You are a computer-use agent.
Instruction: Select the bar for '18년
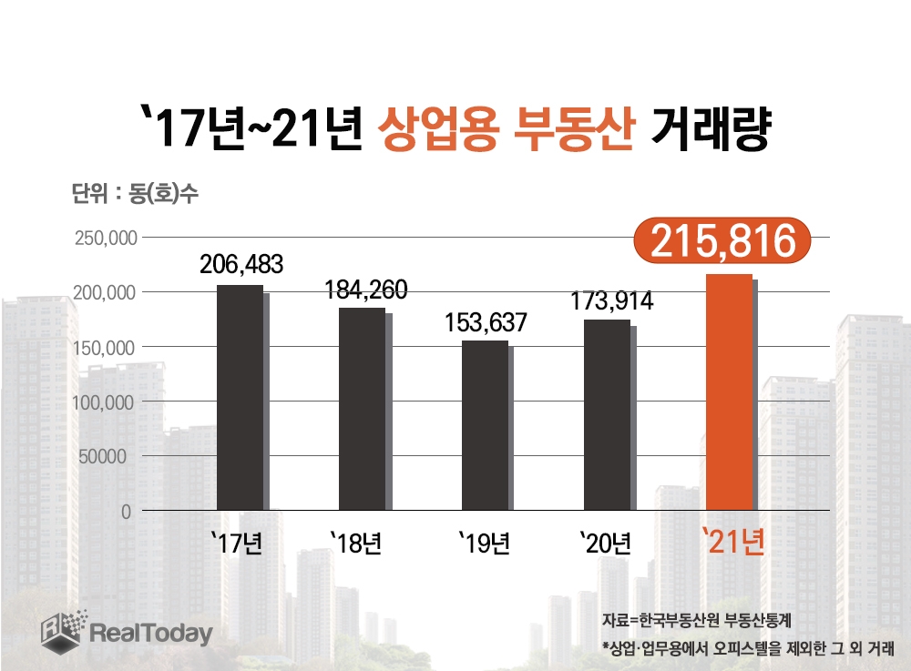363,409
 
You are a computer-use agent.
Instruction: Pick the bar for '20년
607,414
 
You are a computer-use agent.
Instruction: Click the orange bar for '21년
730,392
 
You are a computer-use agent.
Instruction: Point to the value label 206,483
241,265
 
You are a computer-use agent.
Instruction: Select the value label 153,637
486,323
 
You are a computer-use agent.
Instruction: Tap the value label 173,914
611,301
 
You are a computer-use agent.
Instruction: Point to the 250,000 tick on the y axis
103,239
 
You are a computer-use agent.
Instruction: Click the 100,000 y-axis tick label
103,402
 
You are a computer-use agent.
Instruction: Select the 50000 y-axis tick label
107,456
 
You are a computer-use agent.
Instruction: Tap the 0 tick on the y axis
127,512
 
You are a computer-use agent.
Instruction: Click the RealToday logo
127,630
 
